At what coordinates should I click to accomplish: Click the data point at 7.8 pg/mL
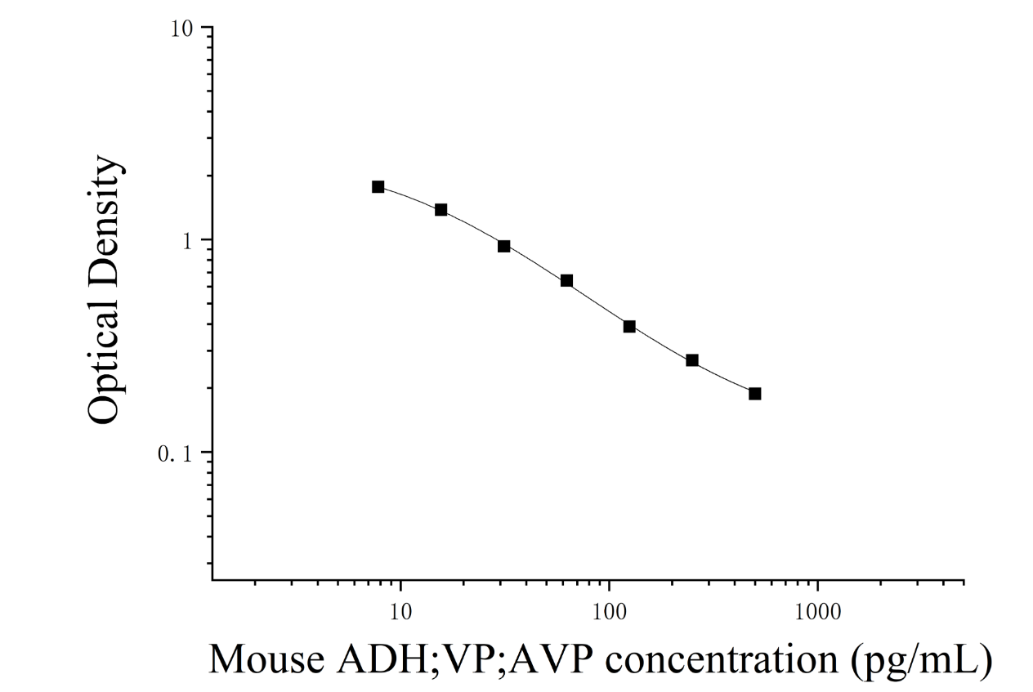click(378, 187)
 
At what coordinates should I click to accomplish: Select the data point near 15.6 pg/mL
click(440, 210)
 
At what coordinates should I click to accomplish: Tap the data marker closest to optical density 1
click(504, 246)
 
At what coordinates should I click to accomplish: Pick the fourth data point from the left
click(567, 281)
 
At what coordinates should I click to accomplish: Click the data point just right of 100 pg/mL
click(629, 327)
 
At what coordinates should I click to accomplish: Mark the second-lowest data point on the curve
click(692, 360)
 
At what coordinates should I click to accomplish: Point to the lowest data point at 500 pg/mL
click(755, 394)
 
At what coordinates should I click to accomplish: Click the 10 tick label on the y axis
click(181, 29)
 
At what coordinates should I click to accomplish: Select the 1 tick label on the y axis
click(187, 242)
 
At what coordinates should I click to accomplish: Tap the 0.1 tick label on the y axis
click(174, 454)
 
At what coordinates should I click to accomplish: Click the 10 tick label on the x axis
click(400, 612)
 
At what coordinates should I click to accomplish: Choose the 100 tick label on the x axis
click(609, 612)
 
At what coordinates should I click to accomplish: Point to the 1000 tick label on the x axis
click(817, 612)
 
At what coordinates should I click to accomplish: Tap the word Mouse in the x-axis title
click(267, 659)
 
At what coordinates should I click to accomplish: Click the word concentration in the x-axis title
click(722, 660)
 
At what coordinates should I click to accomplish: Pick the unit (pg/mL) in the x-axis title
click(921, 662)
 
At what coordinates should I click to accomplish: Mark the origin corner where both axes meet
click(212, 579)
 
